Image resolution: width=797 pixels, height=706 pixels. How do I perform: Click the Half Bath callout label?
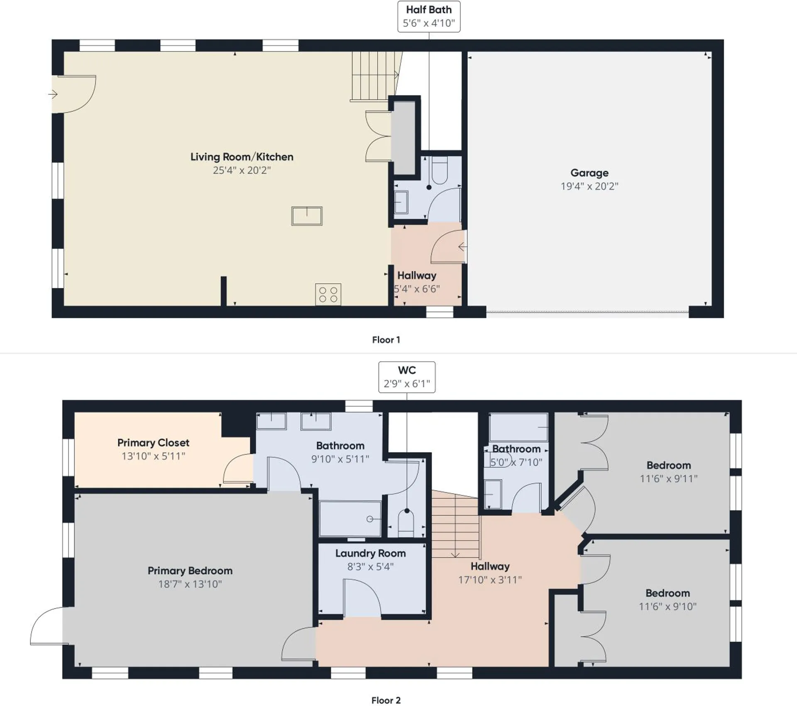(x=429, y=17)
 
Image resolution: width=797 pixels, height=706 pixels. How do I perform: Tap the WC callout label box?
(x=407, y=377)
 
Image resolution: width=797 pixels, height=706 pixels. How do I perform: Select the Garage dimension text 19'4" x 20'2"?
(x=589, y=186)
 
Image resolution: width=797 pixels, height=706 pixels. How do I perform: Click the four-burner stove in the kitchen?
(x=328, y=294)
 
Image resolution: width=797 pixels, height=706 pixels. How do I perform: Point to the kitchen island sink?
(x=307, y=216)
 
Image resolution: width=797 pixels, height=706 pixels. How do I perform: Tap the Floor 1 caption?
(x=386, y=340)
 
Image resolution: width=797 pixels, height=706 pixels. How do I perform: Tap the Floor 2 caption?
(x=386, y=700)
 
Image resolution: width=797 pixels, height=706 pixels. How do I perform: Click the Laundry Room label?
(x=370, y=553)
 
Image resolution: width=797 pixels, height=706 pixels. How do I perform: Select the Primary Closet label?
(x=153, y=442)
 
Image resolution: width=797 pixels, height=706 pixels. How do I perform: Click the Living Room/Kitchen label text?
(x=242, y=157)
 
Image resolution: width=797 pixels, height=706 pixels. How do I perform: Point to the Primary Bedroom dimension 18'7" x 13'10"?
(x=190, y=584)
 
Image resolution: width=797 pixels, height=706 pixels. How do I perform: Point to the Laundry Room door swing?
(x=361, y=598)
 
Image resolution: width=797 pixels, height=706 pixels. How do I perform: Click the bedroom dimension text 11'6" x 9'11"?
(x=668, y=479)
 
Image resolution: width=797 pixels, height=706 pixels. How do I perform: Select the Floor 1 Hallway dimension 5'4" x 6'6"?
(x=417, y=289)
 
